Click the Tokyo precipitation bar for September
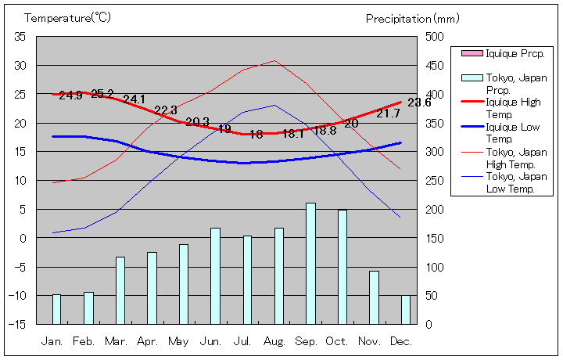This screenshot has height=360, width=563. point(310,263)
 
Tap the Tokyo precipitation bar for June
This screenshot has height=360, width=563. point(215,275)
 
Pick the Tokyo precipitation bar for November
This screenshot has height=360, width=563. point(374,297)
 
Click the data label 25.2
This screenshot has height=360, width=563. point(102,95)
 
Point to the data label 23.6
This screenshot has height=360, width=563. point(419,103)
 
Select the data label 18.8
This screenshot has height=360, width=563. point(325,131)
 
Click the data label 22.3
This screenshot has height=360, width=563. point(166,110)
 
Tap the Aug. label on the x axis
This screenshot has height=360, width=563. point(274,341)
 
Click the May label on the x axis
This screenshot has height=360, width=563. point(179,341)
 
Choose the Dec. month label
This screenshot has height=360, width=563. point(401,341)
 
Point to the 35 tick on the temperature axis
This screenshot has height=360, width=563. point(20,37)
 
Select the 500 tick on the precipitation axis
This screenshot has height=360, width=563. point(435,37)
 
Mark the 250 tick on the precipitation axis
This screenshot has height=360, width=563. point(435,181)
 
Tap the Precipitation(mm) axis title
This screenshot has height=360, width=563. point(413,17)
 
